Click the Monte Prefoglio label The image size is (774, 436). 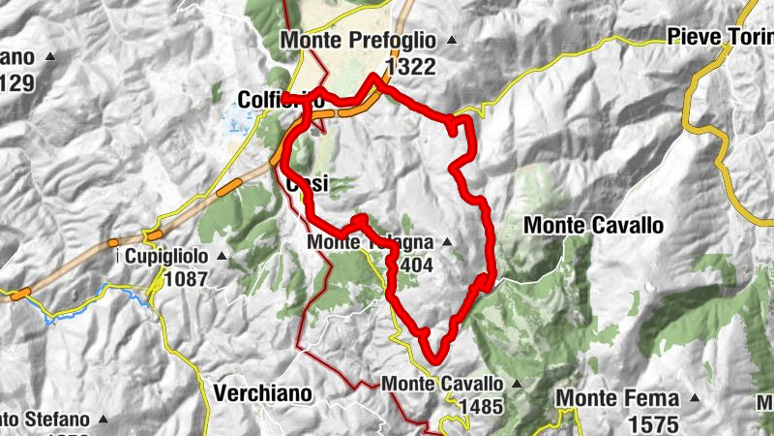coord(357,41)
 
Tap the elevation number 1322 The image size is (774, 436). coord(410,66)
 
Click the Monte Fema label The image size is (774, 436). coord(615,398)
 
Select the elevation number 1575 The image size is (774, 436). coord(654,422)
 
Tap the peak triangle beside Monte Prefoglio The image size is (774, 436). coord(451,41)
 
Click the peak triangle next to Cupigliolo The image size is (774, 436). coord(222,257)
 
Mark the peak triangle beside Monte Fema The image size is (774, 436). coord(693,398)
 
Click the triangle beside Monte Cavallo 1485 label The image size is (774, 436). coord(517,385)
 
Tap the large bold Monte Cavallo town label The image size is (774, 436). coord(593,225)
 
